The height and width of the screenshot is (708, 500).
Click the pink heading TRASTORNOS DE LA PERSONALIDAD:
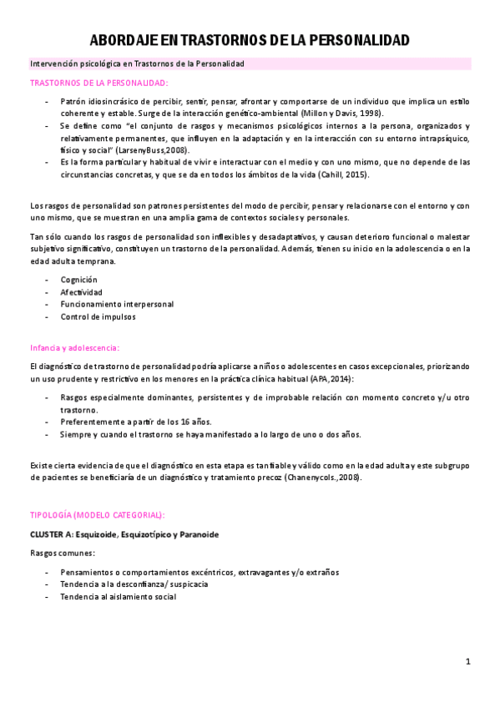point(98,83)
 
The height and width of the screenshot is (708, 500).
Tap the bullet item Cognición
point(78,280)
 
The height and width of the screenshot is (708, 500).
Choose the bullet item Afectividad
point(81,292)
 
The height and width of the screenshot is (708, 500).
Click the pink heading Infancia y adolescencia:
point(74,347)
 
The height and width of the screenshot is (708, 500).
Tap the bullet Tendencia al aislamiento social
point(118,597)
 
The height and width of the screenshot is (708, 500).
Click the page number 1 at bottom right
point(468,661)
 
